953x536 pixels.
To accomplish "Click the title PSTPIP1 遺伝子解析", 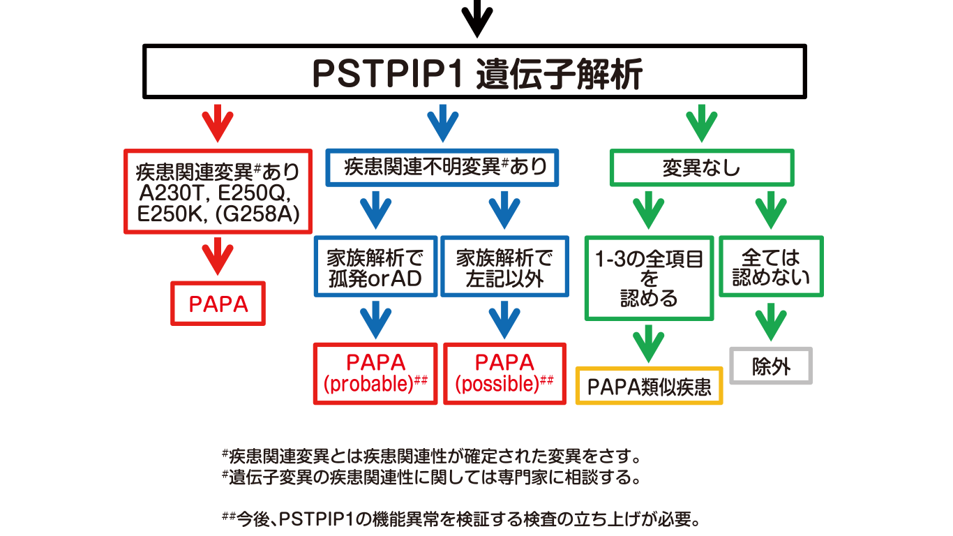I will tap(476, 74).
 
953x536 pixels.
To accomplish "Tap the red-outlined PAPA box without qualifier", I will tap(218, 304).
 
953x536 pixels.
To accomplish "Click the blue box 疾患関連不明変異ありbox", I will tap(442, 167).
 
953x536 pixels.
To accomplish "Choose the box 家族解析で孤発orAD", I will tap(375, 268).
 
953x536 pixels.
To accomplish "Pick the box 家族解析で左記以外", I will tap(504, 268).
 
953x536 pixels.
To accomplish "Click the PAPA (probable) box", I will tap(375, 373).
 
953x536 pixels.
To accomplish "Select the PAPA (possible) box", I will tap(504, 373).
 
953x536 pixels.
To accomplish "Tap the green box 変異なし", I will tap(702, 168).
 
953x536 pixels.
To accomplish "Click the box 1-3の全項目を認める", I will tap(649, 278).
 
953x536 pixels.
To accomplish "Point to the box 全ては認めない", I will tap(771, 267).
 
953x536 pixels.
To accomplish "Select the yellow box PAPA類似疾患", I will tap(649, 386).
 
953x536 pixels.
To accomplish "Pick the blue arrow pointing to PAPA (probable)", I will tap(375, 320).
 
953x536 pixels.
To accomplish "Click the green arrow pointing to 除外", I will tap(771, 322).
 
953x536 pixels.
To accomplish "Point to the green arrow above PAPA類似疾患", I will tap(649, 343).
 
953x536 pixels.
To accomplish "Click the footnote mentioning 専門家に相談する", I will tap(431, 479).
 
